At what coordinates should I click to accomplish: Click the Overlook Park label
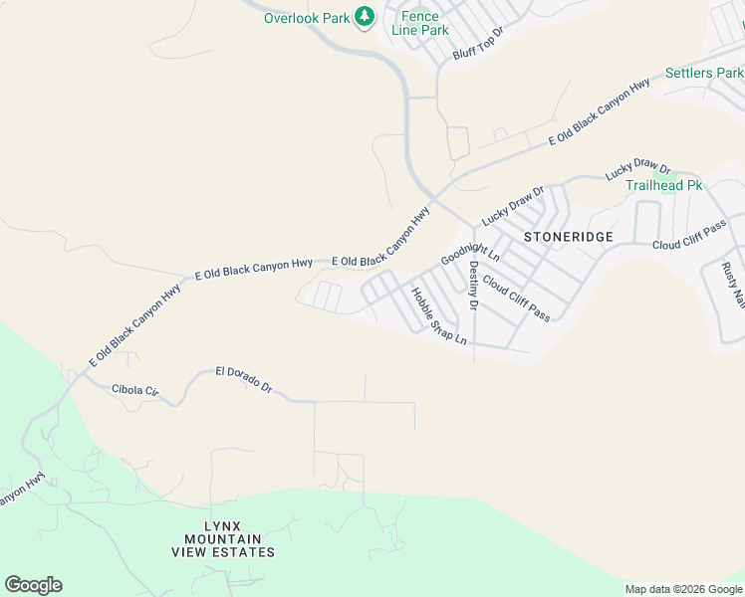[306, 18]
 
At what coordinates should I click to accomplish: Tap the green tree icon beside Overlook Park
[365, 17]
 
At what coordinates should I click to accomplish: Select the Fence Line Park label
[419, 23]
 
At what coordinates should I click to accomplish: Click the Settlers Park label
[704, 74]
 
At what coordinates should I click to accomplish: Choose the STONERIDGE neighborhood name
[568, 237]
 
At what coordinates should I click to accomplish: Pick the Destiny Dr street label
[474, 286]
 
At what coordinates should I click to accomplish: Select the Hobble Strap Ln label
[438, 315]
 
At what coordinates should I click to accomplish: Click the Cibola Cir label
[135, 389]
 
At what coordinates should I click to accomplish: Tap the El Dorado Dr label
[243, 377]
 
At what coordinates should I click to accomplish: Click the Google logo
[33, 585]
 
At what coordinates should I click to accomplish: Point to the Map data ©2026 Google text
[683, 589]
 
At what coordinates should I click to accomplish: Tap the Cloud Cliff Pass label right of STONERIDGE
[690, 237]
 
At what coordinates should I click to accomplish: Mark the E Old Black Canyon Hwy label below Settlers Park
[599, 113]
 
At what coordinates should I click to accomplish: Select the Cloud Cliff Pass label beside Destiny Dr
[516, 297]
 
